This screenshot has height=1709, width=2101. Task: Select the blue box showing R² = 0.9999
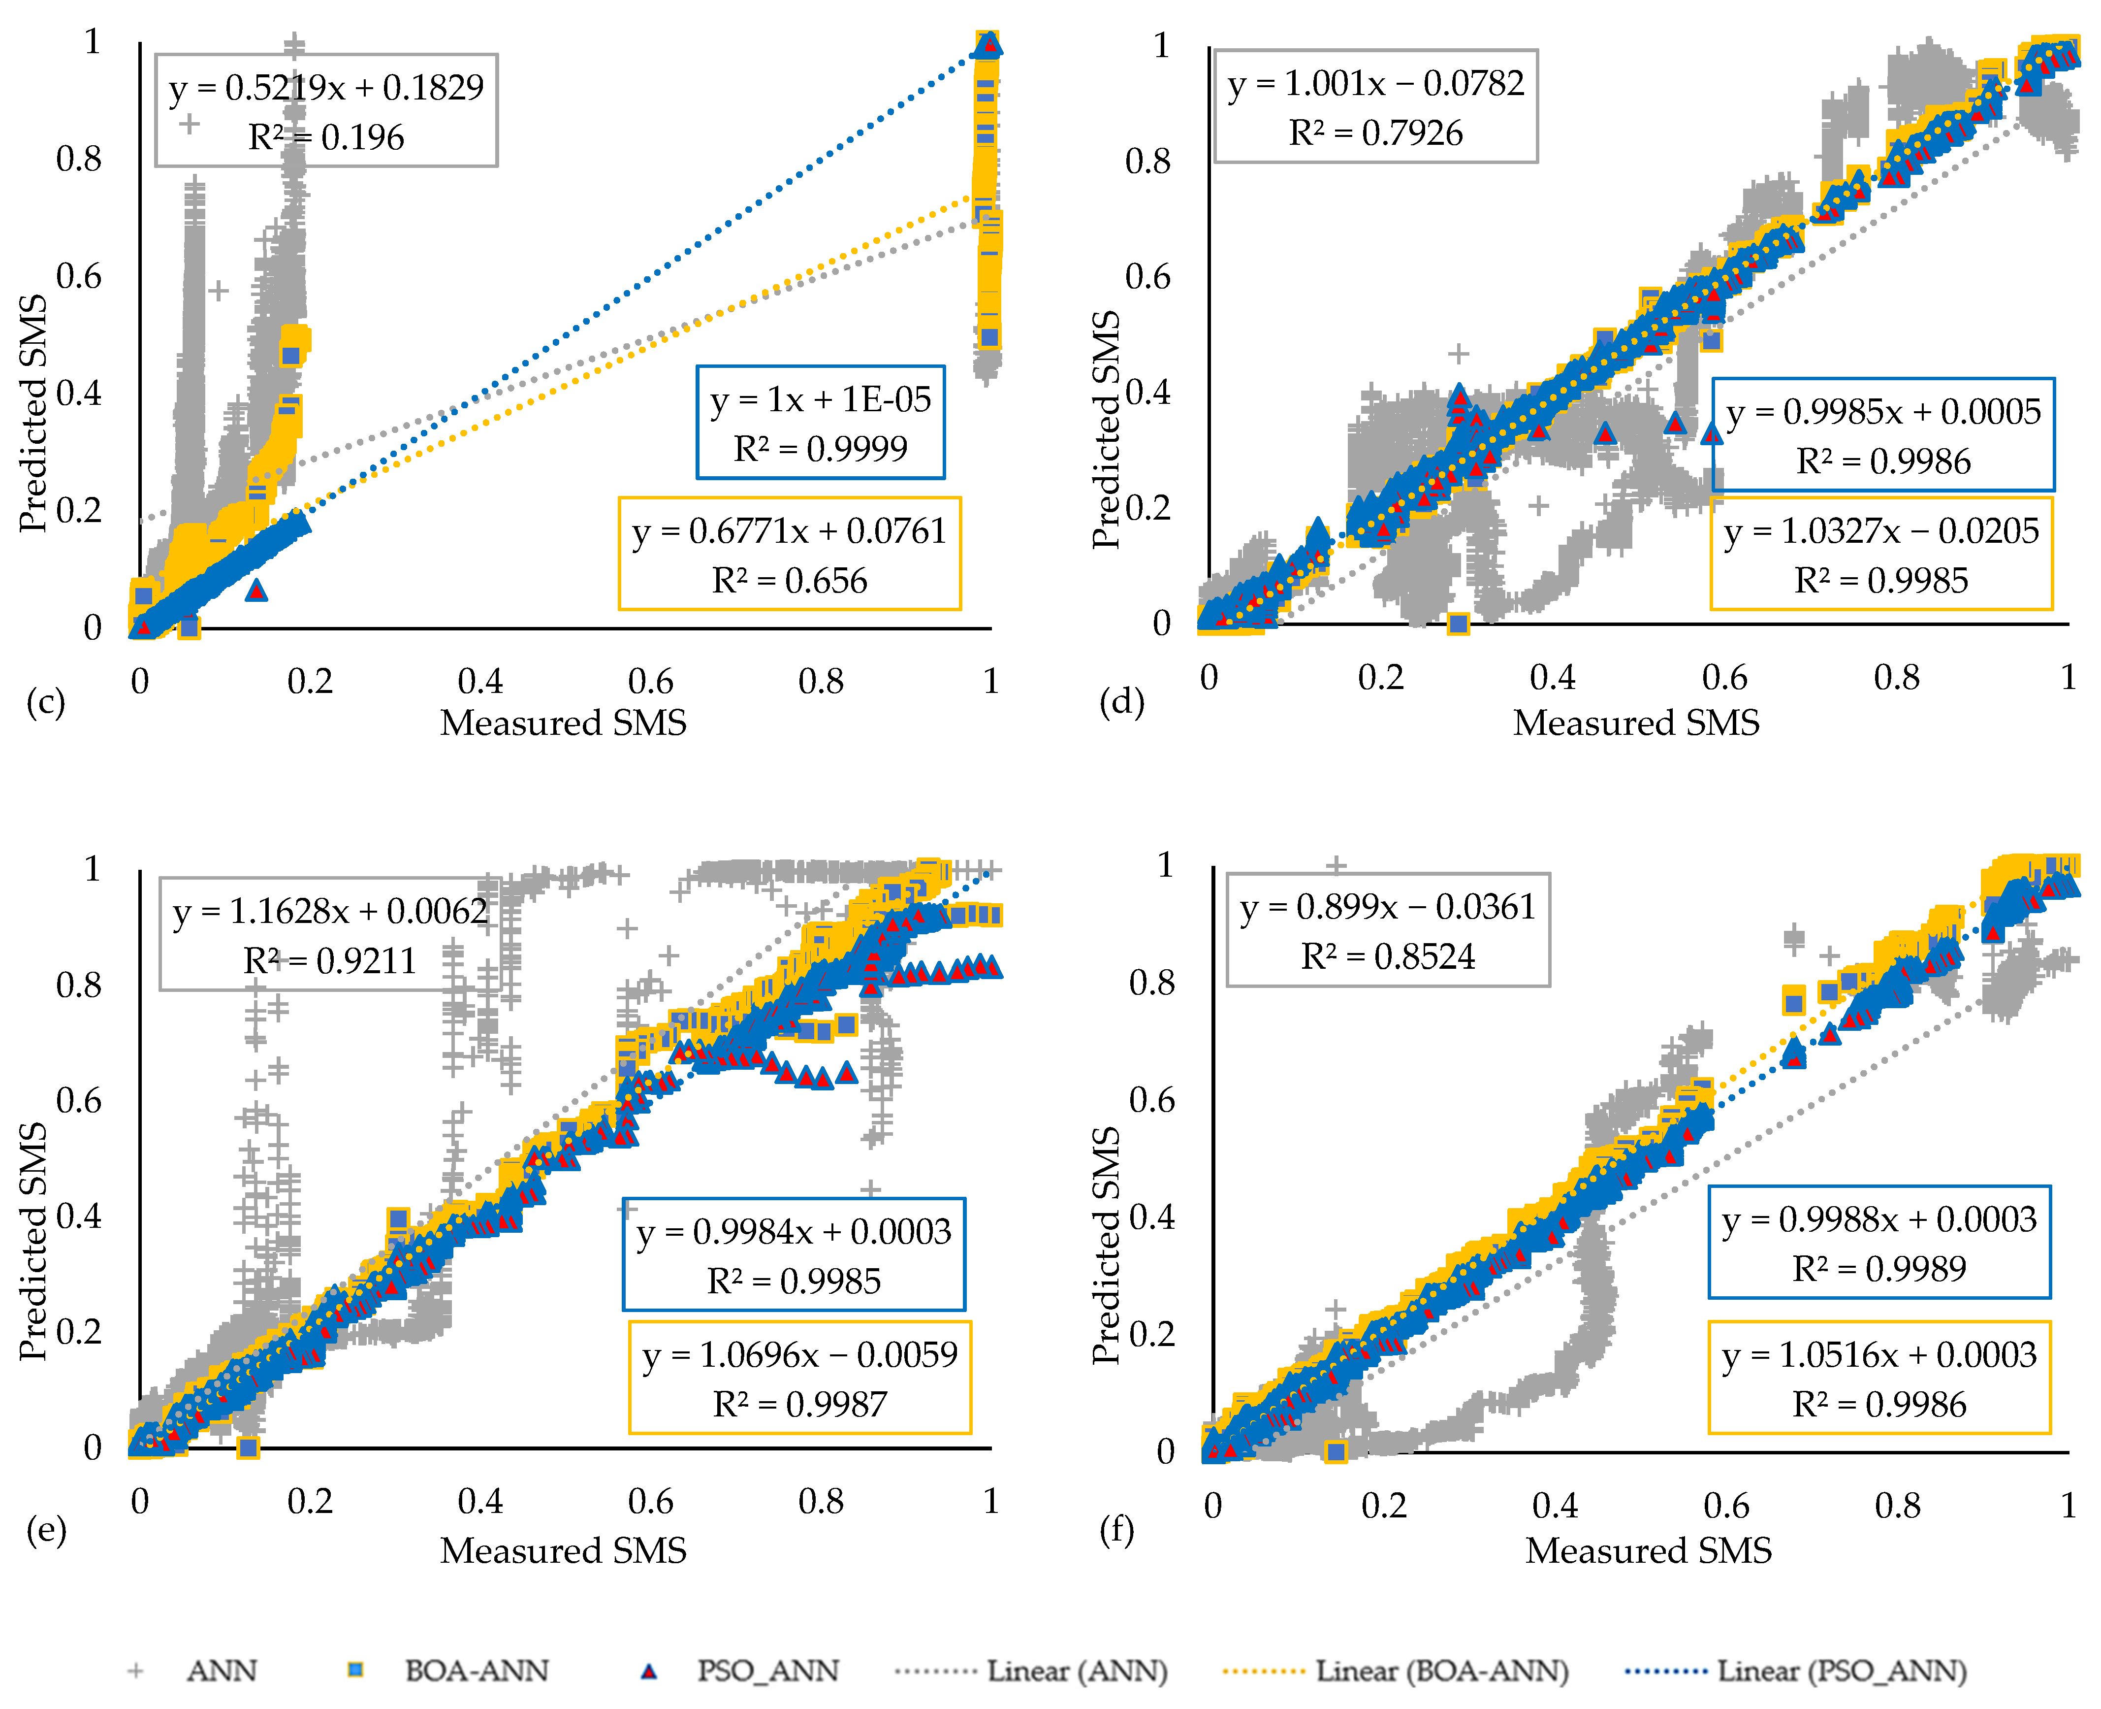click(x=821, y=423)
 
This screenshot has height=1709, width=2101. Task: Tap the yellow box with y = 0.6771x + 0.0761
click(x=789, y=554)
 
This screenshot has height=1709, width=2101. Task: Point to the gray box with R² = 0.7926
click(x=1376, y=106)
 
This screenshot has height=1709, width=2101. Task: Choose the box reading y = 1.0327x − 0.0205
click(x=1881, y=554)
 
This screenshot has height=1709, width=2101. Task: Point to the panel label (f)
click(x=1116, y=1529)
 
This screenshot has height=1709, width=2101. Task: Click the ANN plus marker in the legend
click(x=136, y=1671)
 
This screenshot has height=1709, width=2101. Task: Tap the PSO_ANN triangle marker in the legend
click(x=648, y=1671)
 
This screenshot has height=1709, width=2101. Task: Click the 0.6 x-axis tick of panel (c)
click(x=650, y=681)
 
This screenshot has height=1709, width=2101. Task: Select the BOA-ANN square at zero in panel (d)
click(x=1459, y=623)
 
